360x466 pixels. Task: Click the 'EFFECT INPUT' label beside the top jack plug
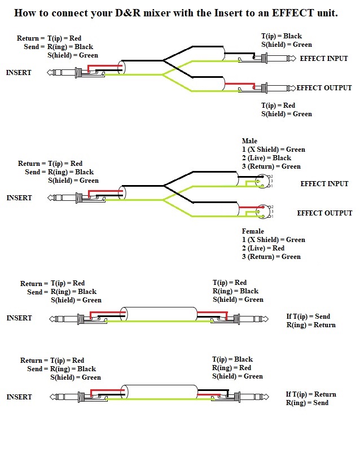click(324, 59)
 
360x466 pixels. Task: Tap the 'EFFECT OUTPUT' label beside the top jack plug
click(324, 88)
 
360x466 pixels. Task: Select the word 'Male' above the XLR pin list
click(249, 141)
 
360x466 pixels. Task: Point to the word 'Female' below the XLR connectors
click(253, 231)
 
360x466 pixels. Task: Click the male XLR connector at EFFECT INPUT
click(261, 181)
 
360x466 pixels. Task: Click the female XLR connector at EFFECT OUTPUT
click(261, 212)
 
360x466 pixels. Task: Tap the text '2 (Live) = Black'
click(266, 158)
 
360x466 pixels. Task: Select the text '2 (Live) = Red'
click(263, 248)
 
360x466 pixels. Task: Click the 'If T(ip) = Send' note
click(308, 316)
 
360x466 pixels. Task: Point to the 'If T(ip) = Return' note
click(311, 394)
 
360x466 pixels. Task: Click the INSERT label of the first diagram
click(19, 73)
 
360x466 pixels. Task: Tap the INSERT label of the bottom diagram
click(19, 397)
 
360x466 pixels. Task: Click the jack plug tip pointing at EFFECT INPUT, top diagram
click(292, 58)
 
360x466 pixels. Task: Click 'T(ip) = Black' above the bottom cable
click(232, 359)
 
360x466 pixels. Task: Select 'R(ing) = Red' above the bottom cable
click(231, 368)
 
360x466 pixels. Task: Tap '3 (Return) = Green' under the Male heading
click(271, 166)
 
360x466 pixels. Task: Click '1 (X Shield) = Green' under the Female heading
click(273, 240)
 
